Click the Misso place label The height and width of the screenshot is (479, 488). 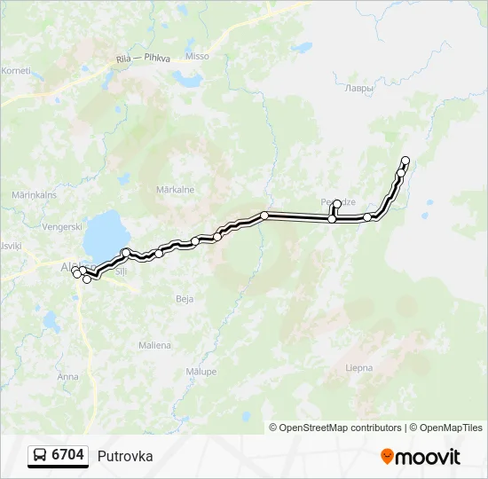198,56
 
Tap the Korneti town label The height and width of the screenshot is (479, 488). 16,70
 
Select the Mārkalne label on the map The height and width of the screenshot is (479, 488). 175,189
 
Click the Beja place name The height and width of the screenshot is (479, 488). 185,299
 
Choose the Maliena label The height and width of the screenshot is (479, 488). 154,345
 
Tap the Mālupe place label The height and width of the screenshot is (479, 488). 201,372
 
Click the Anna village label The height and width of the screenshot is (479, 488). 67,376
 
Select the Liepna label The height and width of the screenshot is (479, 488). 359,367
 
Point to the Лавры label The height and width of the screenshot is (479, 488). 359,89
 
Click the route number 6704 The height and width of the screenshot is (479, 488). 68,455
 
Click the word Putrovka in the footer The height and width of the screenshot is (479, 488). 125,456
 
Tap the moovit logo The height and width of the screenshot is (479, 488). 421,457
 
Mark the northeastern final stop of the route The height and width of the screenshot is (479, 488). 405,161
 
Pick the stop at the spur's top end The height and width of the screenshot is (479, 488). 337,204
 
